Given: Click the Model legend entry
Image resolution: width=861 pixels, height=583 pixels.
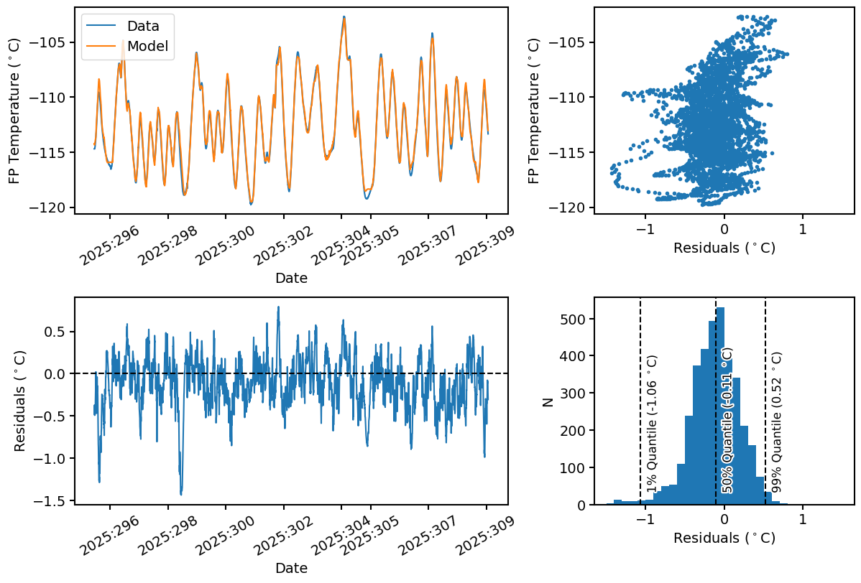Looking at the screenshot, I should (147, 47).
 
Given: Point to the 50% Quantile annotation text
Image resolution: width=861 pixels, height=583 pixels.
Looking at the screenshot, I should (727, 421).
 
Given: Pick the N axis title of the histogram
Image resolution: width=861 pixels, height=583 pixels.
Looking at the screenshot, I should (548, 401).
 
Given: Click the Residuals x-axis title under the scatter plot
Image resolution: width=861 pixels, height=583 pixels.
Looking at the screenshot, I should (724, 248).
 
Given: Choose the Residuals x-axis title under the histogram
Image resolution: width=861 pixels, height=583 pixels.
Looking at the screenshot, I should (724, 538).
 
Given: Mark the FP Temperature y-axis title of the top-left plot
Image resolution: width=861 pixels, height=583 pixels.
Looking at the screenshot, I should (14, 111).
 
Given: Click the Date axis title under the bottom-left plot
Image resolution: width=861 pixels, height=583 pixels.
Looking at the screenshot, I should (291, 568).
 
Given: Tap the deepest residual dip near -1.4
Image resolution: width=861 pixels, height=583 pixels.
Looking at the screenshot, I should (181, 494).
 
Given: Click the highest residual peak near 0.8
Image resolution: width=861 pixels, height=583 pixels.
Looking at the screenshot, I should (278, 307).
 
